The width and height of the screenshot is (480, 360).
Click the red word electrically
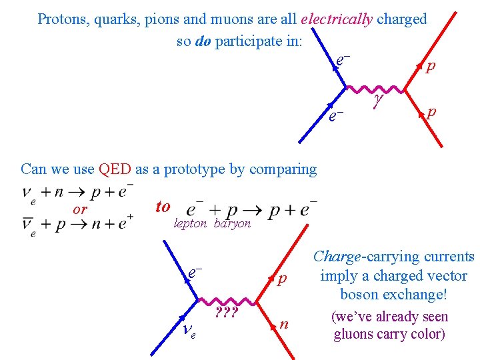[x=336, y=19]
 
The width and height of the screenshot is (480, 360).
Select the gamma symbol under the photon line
[x=378, y=99]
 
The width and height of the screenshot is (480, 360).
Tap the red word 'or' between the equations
[x=80, y=209]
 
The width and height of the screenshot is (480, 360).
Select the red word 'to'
[x=163, y=207]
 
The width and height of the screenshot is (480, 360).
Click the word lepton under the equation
[x=190, y=224]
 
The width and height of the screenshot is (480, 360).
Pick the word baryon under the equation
[x=232, y=224]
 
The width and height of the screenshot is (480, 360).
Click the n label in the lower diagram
[x=284, y=325]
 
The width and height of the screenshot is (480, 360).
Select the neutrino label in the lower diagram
[x=188, y=328]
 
